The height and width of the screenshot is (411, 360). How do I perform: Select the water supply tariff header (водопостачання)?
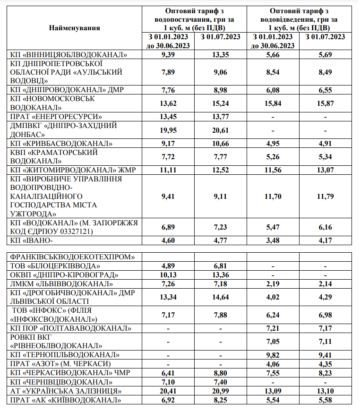click(194, 19)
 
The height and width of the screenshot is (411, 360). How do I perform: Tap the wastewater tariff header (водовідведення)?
click(300, 19)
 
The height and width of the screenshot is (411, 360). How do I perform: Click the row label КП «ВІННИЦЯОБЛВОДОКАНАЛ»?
click(69, 55)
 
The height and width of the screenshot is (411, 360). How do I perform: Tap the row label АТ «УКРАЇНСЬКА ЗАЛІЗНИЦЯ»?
click(66, 391)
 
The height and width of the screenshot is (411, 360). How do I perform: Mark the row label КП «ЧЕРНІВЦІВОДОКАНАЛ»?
click(63, 382)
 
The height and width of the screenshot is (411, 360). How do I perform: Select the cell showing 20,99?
click(220, 391)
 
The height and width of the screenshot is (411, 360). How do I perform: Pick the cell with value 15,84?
click(273, 103)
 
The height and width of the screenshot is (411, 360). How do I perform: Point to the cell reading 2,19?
click(273, 284)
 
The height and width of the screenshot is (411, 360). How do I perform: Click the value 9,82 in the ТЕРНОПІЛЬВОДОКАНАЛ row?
click(273, 354)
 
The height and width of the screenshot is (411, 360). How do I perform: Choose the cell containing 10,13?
click(168, 275)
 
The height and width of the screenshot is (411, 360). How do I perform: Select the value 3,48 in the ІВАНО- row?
click(273, 241)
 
